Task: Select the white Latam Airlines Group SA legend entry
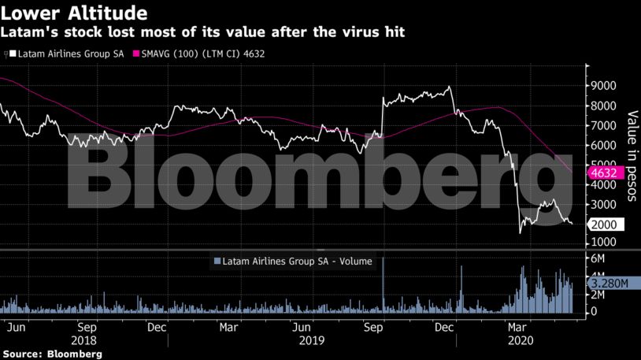point(67,54)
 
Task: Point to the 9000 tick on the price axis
point(605,86)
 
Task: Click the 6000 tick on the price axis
point(605,146)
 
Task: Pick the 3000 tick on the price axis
point(605,205)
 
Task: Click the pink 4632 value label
point(606,173)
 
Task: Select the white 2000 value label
point(606,225)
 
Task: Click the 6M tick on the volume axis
point(599,259)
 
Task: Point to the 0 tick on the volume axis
point(595,312)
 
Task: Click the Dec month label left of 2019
point(157,326)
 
